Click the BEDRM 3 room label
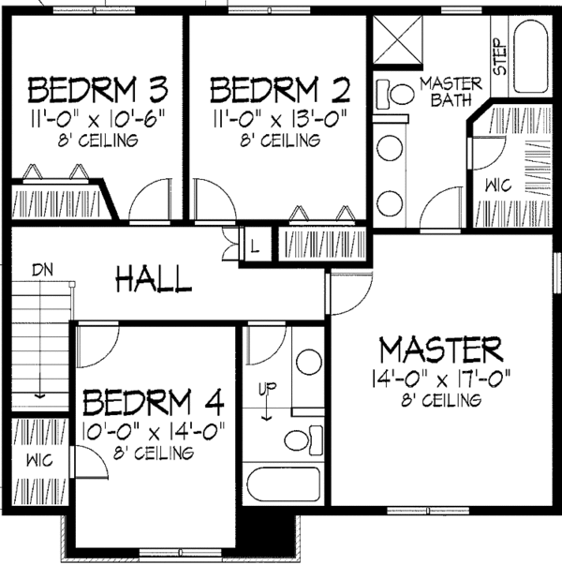tap(97, 91)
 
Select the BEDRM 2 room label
tap(280, 91)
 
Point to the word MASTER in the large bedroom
tap(440, 350)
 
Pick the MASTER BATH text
tap(451, 91)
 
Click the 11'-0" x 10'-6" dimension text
tap(97, 119)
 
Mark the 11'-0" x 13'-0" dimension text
tap(280, 119)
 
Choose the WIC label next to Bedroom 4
tap(38, 462)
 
